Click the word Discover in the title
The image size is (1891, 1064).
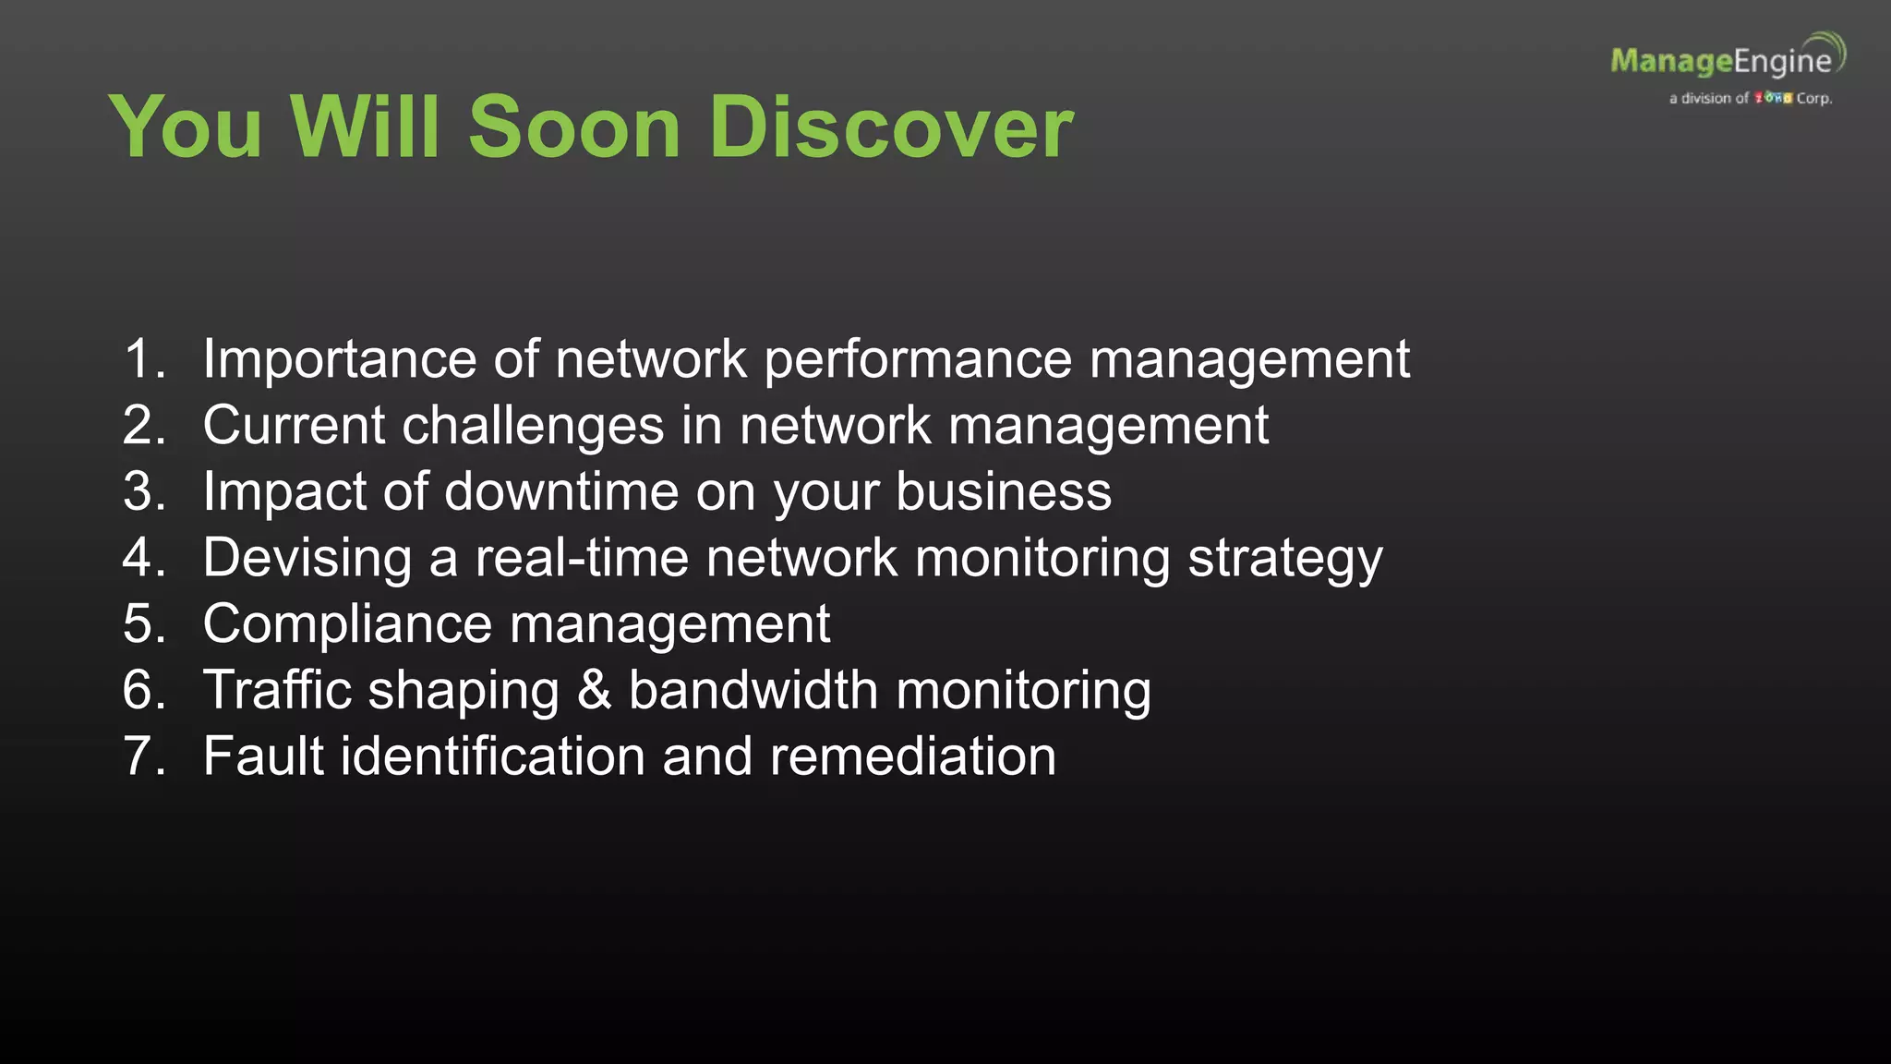(x=891, y=127)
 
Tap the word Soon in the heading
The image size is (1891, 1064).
(x=574, y=127)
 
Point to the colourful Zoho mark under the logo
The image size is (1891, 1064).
(x=1773, y=98)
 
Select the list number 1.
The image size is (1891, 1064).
(x=144, y=358)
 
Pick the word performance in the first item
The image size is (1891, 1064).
(x=918, y=360)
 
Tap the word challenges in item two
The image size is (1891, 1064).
(x=533, y=426)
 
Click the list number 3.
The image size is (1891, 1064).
(x=144, y=491)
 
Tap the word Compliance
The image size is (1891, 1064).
(x=347, y=624)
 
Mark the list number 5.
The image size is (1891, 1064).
(x=144, y=624)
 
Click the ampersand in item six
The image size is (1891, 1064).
(x=594, y=690)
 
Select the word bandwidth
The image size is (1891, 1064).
(x=753, y=690)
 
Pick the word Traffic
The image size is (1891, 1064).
(x=277, y=690)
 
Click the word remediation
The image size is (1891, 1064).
(x=912, y=756)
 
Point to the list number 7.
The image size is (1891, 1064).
(x=144, y=756)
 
